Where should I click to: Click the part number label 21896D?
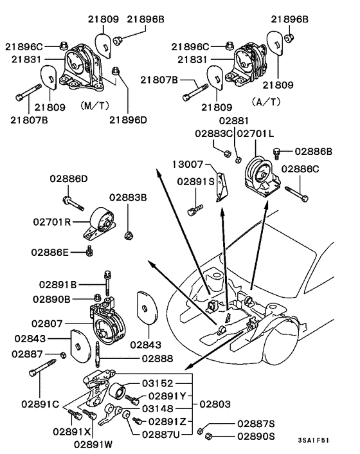(x=128, y=120)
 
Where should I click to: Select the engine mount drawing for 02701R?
(x=100, y=222)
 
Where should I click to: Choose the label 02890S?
(x=256, y=435)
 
